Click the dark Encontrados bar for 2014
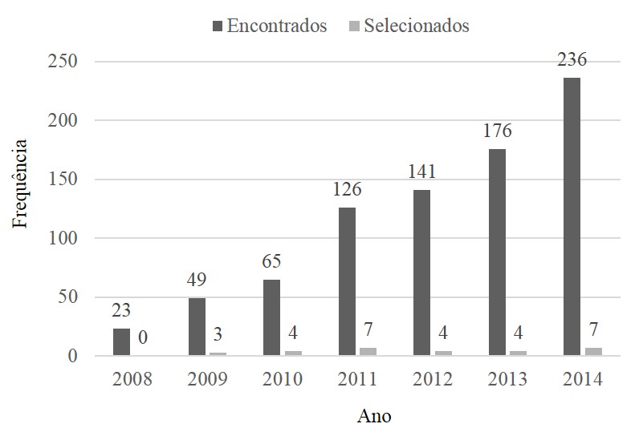(572, 216)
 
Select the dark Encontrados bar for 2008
(121, 342)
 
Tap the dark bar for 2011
(347, 281)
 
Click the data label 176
(498, 131)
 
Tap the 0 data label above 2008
(142, 337)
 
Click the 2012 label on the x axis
(431, 379)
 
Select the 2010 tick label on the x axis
(281, 379)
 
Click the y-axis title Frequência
(22, 184)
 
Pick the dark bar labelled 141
(421, 273)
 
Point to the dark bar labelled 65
(271, 317)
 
